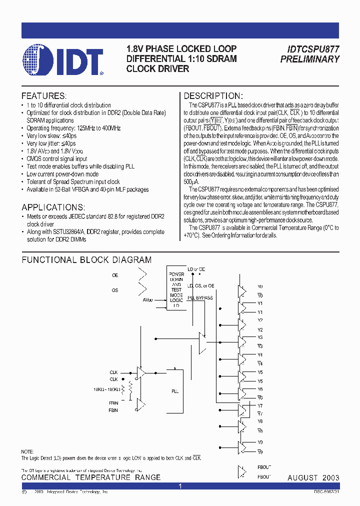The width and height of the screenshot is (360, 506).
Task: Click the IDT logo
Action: [x=63, y=61]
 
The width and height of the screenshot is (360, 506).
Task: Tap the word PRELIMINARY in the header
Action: [x=310, y=59]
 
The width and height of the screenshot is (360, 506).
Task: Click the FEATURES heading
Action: [x=43, y=96]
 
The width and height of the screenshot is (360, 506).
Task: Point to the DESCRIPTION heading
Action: [x=213, y=96]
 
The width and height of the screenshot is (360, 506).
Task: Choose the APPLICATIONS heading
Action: [x=53, y=207]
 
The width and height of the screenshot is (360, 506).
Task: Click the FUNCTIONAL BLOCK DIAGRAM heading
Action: [x=86, y=260]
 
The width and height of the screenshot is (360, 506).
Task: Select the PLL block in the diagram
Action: [x=175, y=391]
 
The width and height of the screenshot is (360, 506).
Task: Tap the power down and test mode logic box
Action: [x=176, y=290]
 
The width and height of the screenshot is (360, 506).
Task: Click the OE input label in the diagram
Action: [x=115, y=275]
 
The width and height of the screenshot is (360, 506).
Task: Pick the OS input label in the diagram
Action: [x=115, y=289]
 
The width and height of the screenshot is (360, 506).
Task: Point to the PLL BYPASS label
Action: [x=200, y=298]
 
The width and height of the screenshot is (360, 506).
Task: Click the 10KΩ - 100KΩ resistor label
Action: [x=106, y=389]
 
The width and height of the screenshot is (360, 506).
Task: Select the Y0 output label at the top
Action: [x=260, y=287]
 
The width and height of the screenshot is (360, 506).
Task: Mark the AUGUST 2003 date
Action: [x=313, y=478]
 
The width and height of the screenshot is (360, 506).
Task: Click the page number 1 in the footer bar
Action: [x=180, y=486]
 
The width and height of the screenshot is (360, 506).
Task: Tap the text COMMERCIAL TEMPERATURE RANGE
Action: [x=91, y=477]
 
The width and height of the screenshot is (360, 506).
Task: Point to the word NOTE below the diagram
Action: [x=27, y=451]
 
